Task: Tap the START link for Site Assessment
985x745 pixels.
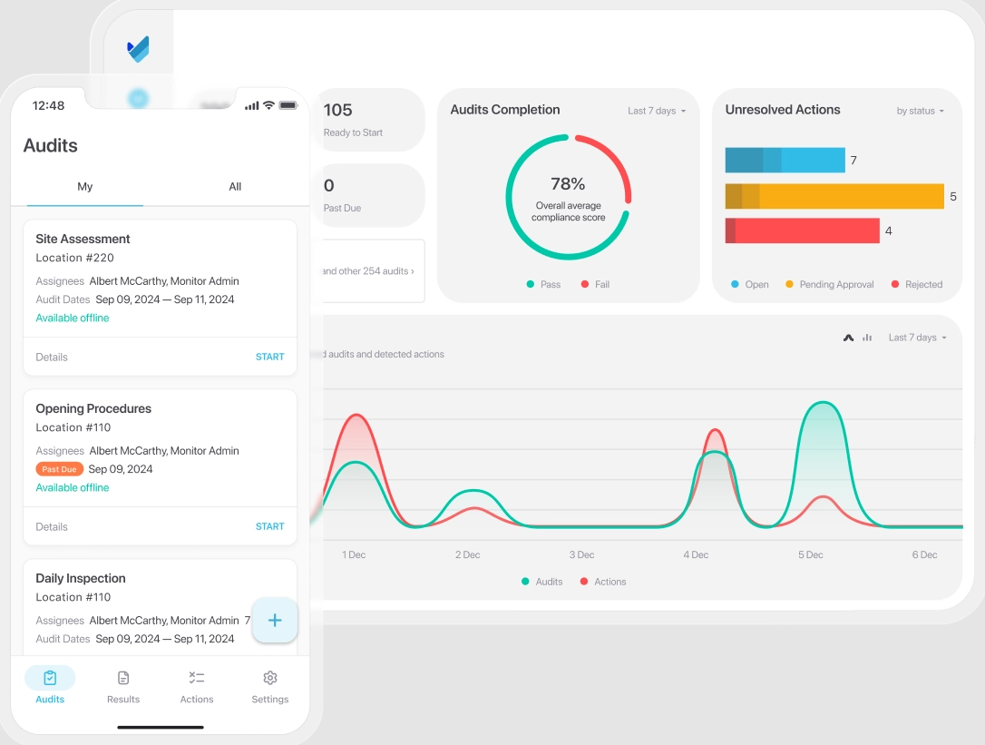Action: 269,357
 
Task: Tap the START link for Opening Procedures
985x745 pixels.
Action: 269,526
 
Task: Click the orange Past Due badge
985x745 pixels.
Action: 60,469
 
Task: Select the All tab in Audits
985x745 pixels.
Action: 235,187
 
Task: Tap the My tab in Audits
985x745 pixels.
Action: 84,187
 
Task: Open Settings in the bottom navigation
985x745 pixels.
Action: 269,686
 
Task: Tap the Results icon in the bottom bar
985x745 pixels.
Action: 123,679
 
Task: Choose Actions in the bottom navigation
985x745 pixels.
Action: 196,686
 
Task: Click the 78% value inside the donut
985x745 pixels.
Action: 568,184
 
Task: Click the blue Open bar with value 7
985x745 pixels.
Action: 785,161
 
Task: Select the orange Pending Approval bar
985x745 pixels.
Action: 834,196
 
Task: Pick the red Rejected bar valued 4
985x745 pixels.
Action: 802,230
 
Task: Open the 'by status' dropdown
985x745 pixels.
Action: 920,111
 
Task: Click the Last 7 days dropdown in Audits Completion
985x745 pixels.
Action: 657,111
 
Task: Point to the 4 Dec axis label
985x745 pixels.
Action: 696,554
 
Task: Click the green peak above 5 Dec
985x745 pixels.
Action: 823,404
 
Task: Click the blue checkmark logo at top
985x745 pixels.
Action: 138,49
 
